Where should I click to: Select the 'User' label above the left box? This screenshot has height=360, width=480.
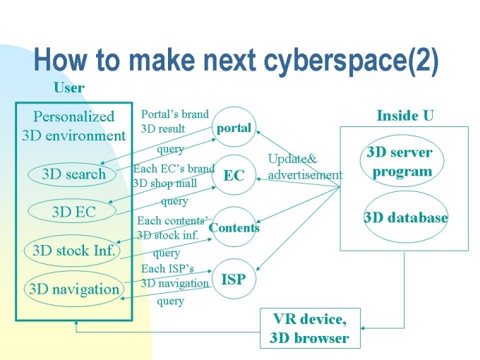point(69,88)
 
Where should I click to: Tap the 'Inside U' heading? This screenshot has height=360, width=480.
point(405,116)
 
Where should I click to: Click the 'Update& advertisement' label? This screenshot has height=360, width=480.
point(305,167)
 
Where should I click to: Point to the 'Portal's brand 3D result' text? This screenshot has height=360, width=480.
point(175,121)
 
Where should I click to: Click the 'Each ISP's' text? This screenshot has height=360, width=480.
point(167,268)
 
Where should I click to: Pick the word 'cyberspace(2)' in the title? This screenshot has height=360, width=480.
point(352,59)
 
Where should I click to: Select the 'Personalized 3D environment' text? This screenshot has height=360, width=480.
point(74,126)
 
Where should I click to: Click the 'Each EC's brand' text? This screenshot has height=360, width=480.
point(174,169)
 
